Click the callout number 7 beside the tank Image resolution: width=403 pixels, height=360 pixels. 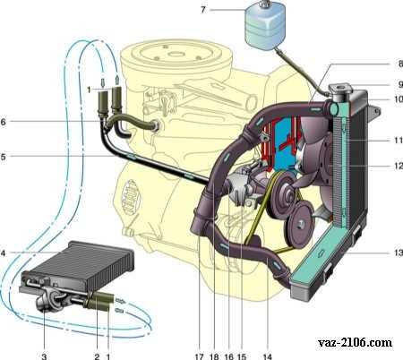coord(203,10)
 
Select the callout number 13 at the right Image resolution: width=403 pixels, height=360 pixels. coord(399,253)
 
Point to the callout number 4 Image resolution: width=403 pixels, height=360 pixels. coord(3,253)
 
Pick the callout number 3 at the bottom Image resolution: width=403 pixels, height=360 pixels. coord(44,356)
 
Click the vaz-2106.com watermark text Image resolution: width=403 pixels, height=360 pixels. coord(355,342)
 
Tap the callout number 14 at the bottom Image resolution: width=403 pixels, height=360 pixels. coord(268,356)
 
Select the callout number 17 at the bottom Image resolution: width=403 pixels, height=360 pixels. coord(199,356)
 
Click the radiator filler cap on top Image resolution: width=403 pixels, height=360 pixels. coord(340,89)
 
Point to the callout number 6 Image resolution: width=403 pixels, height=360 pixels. coord(3,122)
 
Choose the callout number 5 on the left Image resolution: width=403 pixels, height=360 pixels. coord(3,157)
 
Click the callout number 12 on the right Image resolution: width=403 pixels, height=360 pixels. coord(399,166)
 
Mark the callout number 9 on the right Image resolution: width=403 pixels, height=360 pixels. coord(400,84)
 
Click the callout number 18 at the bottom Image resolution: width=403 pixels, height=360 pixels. coord(214,356)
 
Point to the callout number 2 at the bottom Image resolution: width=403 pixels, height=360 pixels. coord(97,356)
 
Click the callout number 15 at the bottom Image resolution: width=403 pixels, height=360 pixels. coord(242,356)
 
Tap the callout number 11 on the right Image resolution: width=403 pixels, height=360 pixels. coord(399,140)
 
